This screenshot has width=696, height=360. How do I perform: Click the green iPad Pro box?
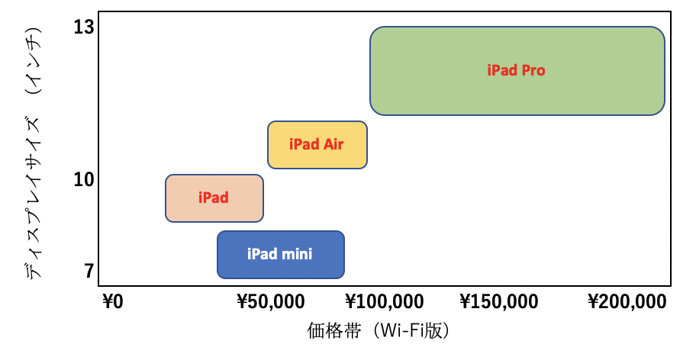(517, 71)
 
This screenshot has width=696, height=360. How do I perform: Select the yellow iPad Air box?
(317, 145)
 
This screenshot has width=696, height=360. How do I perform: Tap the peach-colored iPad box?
(214, 198)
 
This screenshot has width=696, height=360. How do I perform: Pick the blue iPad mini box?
(281, 255)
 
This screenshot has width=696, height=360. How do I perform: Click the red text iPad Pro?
(516, 70)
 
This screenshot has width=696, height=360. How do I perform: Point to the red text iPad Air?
(316, 144)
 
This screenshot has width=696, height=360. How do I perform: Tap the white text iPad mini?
(279, 253)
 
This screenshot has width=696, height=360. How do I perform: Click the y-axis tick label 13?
(85, 27)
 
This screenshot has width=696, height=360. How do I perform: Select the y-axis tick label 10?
(85, 179)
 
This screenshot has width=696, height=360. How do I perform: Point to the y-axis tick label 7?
(89, 271)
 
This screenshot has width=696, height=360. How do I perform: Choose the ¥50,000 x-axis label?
(271, 302)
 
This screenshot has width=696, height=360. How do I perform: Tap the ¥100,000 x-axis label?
(385, 302)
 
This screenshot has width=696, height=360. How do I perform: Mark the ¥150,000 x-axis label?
(499, 302)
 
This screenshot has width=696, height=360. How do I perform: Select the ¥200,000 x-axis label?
(627, 302)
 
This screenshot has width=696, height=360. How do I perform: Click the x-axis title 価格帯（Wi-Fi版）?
(379, 331)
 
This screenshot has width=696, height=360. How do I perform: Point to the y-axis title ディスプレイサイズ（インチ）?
(34, 153)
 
